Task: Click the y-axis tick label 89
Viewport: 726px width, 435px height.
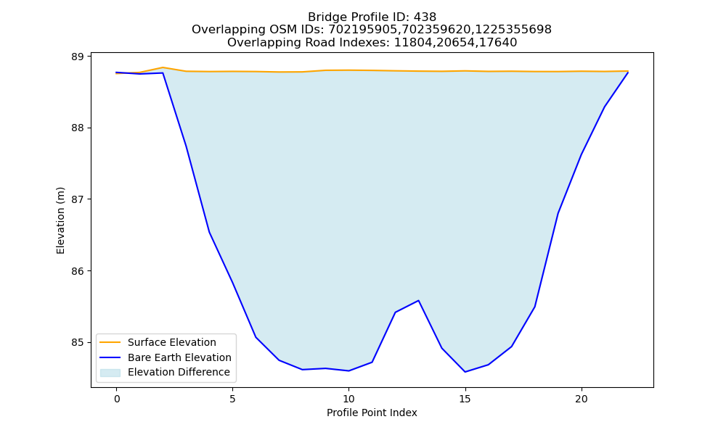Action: click(78, 57)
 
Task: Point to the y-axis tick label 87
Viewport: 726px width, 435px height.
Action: click(78, 199)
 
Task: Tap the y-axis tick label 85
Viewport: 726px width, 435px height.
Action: click(78, 342)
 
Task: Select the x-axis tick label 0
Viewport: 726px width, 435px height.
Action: click(117, 399)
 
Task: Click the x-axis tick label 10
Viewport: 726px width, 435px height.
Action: click(348, 399)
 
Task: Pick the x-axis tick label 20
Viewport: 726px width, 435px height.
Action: click(581, 399)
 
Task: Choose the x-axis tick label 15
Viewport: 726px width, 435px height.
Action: click(465, 399)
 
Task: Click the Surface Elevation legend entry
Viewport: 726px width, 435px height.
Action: click(158, 342)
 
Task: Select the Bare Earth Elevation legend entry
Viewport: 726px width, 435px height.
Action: click(166, 357)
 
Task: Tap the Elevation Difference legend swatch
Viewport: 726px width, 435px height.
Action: click(110, 372)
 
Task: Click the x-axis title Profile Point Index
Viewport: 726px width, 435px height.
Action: click(372, 413)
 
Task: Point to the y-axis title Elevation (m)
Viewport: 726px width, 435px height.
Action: click(60, 220)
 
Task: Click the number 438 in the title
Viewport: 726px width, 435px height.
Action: click(425, 17)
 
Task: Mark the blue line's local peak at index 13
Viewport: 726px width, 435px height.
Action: click(419, 300)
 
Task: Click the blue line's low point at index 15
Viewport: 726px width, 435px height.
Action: click(465, 372)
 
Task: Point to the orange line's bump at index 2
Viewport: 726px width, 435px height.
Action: click(163, 67)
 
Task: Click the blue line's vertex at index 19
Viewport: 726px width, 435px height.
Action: click(558, 214)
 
